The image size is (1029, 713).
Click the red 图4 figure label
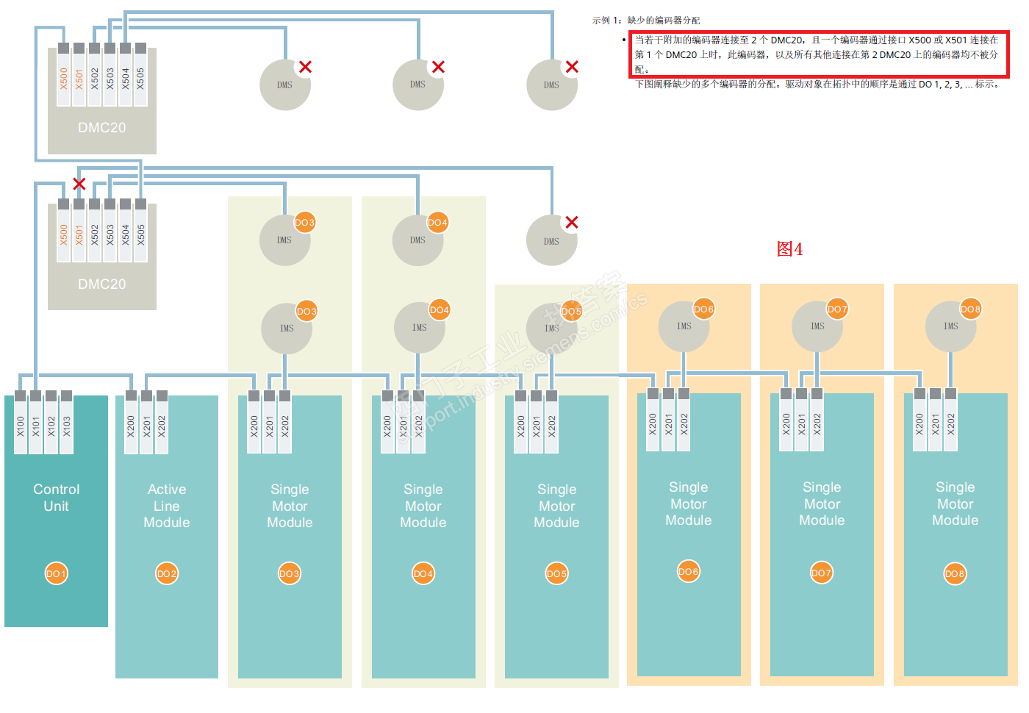coord(789,249)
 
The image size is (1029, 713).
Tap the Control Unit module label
coord(56,498)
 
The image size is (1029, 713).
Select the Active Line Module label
coord(167,506)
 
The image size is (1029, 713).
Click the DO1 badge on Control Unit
coord(56,573)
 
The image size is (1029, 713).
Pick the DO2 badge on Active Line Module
coord(167,573)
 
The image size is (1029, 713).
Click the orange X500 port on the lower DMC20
coord(63,234)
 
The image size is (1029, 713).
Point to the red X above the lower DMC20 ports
coord(79,184)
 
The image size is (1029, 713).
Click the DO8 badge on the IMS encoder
coord(970,309)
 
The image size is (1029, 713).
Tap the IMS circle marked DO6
coord(684,326)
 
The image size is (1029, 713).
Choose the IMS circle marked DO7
coord(817,326)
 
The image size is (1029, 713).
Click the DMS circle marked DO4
coord(417,240)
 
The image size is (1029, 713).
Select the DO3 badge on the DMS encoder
coord(304,222)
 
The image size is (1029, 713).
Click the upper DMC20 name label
coord(102,128)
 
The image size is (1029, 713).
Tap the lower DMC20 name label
coord(102,284)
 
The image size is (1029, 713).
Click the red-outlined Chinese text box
coord(819,54)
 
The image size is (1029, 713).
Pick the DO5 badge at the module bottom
coord(556,573)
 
